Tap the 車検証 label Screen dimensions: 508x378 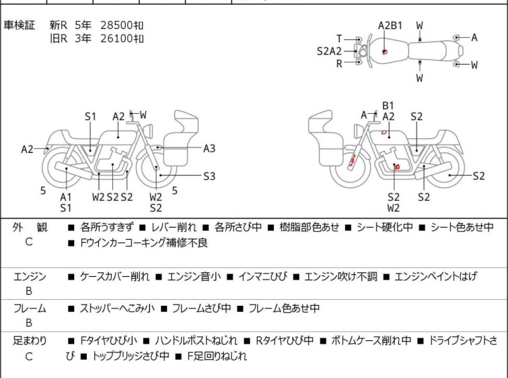tap(19, 25)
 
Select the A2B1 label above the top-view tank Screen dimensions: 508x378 tap(390, 26)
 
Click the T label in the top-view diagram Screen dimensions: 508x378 tap(339, 38)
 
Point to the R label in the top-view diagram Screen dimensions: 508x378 tap(339, 63)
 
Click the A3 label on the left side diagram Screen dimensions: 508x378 tap(209, 148)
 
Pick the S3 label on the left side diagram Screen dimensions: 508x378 tap(209, 176)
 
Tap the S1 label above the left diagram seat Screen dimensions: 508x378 tap(90, 117)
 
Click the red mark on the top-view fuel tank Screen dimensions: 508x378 tap(385, 52)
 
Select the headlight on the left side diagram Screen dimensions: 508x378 tap(148, 131)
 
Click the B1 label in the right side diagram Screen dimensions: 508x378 tap(388, 106)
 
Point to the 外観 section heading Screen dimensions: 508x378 tap(30, 227)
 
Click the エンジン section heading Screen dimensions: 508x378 tap(30, 276)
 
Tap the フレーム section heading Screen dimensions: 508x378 tap(30, 308)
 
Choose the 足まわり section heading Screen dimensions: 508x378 tap(30, 340)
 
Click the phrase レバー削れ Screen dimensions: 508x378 tap(174, 227)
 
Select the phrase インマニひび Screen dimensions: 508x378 tap(262, 276)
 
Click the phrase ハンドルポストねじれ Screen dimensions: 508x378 tap(196, 340)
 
